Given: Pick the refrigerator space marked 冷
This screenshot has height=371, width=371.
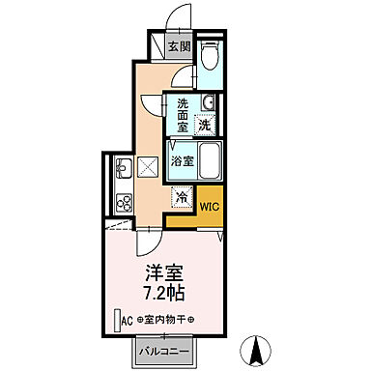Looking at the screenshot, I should (x=182, y=197).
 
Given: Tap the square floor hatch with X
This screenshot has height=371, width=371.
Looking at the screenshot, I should (x=149, y=166).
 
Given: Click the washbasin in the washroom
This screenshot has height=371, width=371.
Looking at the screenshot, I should (x=208, y=103).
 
